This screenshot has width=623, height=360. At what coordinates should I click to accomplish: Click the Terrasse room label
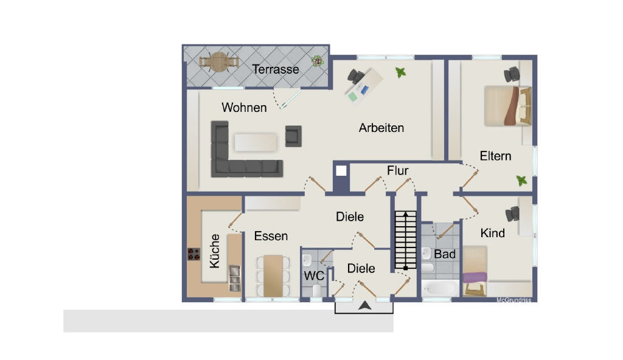(x=276, y=69)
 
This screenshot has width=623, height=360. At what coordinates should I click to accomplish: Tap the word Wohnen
(x=244, y=108)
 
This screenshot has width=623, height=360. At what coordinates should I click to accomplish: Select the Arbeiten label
(x=381, y=128)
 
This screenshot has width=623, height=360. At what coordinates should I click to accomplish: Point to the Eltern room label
(x=495, y=156)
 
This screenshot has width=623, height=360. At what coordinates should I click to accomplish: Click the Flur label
(x=398, y=171)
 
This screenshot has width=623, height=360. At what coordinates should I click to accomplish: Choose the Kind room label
(x=493, y=233)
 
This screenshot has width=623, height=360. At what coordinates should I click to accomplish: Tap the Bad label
(x=445, y=254)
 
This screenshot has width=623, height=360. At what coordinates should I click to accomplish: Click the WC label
(x=314, y=275)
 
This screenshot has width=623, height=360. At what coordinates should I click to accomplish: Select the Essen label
(x=271, y=236)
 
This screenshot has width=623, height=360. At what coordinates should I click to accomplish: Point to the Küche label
(x=215, y=251)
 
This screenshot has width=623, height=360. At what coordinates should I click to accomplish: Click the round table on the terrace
(x=219, y=63)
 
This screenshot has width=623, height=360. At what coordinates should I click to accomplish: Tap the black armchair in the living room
(x=293, y=136)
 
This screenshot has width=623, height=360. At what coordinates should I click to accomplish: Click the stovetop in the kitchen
(x=194, y=254)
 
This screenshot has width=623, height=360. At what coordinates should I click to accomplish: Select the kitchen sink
(x=234, y=278)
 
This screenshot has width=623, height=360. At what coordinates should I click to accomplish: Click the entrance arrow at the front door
(x=365, y=305)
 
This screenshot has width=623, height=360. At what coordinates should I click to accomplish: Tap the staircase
(x=406, y=240)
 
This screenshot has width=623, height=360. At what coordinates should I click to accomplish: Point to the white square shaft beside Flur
(x=341, y=171)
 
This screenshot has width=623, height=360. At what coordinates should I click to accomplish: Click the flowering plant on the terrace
(x=317, y=61)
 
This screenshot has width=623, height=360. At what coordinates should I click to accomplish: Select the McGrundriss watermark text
(x=513, y=300)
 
